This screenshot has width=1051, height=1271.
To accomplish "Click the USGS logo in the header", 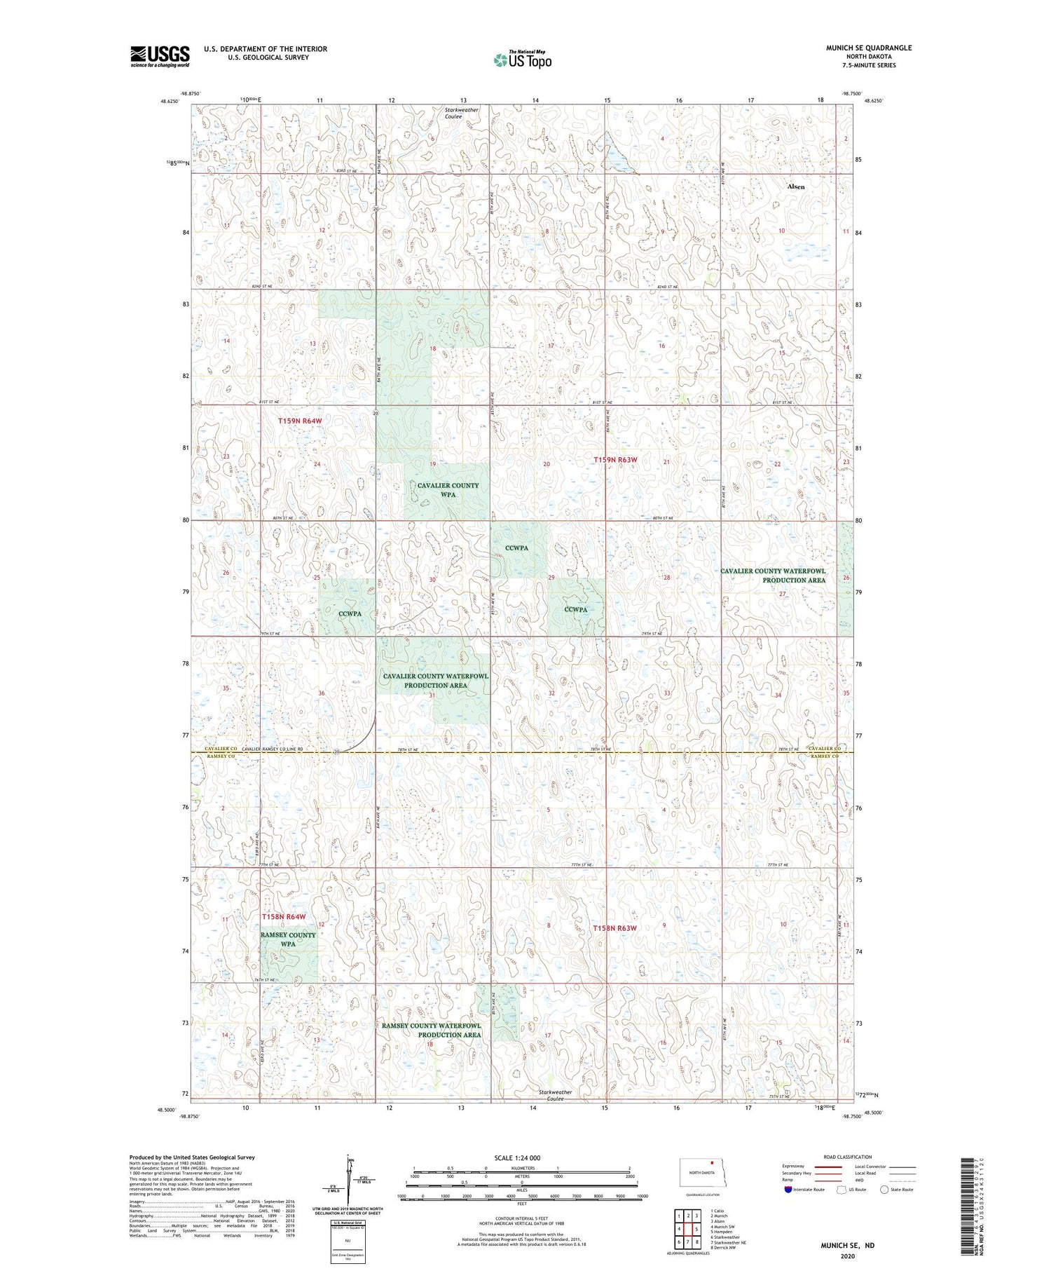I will (160, 56).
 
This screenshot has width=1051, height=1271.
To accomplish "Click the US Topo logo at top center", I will (522, 60).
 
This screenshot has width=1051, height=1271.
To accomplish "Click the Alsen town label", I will (796, 186).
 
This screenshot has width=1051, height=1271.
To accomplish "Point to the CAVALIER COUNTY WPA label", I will (448, 489).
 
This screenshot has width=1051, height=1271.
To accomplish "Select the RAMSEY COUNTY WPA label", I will (288, 939).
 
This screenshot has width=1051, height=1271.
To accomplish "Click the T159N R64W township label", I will (300, 421).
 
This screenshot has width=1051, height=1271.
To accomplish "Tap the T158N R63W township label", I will (615, 928).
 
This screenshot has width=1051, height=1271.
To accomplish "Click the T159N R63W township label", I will (616, 460).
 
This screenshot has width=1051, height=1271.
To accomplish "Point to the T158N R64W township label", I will (284, 916).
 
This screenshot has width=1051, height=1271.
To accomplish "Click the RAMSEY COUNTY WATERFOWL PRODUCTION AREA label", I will (432, 1030).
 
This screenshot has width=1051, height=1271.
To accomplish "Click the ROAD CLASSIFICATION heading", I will (848, 1157).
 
